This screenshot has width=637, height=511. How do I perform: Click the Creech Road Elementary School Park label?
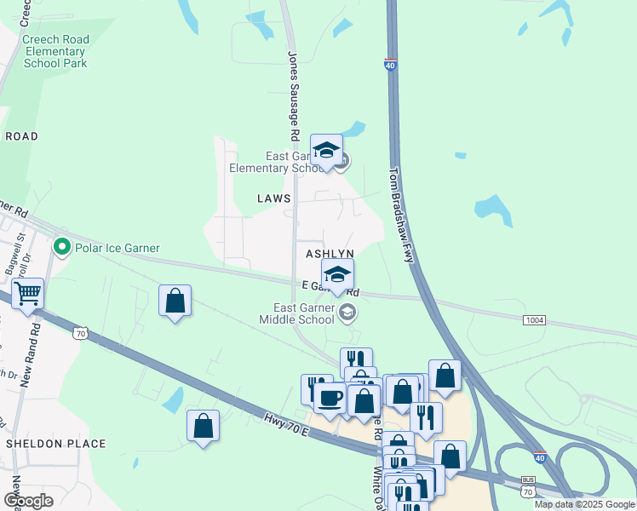click(x=55, y=51)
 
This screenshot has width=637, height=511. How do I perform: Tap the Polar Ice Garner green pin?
click(x=61, y=248)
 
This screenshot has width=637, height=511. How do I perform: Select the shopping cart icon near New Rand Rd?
click(x=28, y=294)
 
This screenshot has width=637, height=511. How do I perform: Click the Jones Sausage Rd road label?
click(x=294, y=96)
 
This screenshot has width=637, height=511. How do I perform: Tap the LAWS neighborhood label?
click(x=274, y=198)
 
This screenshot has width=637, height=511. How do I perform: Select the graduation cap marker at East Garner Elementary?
click(x=326, y=151)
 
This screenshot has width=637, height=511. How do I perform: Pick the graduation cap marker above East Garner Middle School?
click(x=338, y=275)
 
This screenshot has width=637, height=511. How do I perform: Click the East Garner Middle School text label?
click(x=303, y=313)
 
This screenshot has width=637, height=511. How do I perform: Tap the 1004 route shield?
click(x=534, y=319)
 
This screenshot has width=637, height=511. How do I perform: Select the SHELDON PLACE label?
click(x=56, y=444)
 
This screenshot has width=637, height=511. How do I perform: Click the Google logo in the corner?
click(x=28, y=500)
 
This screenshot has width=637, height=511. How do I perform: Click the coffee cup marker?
click(x=330, y=397)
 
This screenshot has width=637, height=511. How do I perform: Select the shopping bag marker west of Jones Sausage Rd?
click(x=175, y=301)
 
